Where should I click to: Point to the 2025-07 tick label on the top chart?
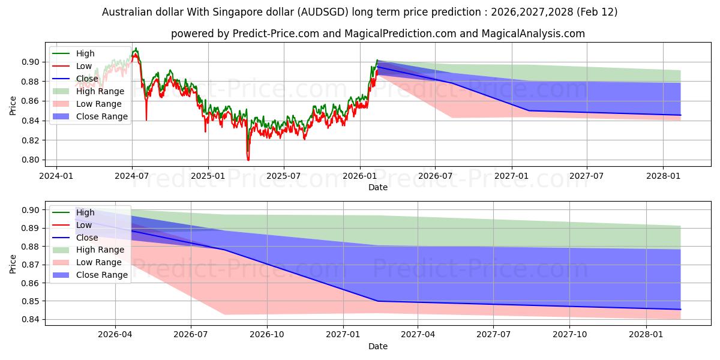coord(283,176)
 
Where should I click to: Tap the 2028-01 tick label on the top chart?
coord(663,176)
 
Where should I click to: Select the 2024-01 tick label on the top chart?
coord(56,176)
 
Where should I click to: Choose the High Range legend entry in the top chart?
coord(100,91)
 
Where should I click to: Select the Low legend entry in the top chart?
coord(84,66)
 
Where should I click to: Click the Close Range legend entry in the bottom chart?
coord(102,275)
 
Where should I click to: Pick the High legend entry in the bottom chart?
coord(85,212)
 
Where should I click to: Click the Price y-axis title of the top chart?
coord(13,106)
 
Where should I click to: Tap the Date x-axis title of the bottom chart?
coord(378,346)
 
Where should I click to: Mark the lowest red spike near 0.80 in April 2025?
coord(248,160)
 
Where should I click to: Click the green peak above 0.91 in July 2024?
coord(136,48)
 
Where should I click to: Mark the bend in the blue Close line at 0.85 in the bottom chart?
coord(377,301)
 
